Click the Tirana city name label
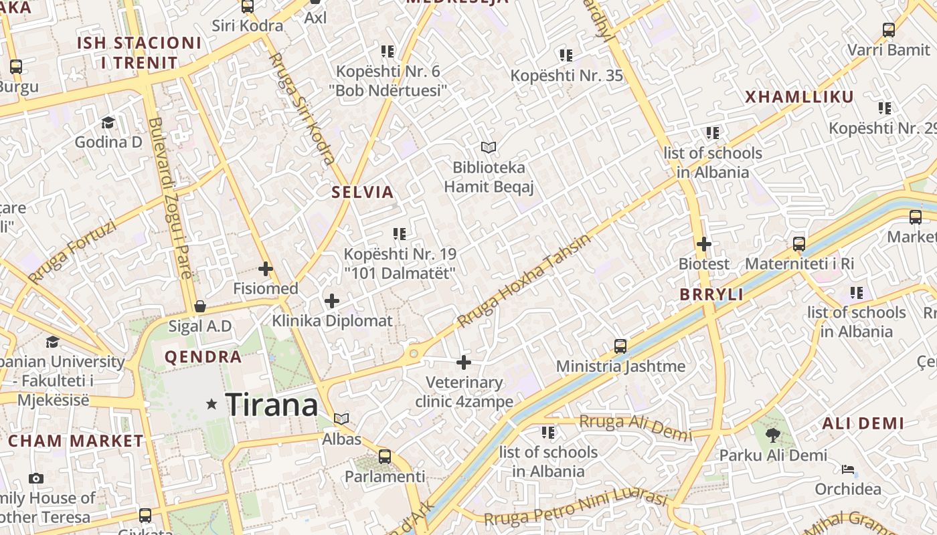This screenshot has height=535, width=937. tap(271, 405)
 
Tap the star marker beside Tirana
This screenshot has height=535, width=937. tap(212, 404)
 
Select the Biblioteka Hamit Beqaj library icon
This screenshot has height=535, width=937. tap(489, 147)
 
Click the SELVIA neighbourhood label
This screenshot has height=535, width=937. tap(363, 193)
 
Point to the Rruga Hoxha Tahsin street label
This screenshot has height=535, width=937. tap(525, 281)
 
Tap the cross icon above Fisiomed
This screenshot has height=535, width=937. tap(266, 269)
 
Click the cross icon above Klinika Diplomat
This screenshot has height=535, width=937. tap(331, 301)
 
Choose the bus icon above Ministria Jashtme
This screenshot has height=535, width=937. tap(620, 346)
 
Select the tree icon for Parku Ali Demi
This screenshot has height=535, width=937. tap(773, 435)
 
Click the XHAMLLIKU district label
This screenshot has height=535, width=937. tap(800, 97)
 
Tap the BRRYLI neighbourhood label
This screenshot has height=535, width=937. tap(711, 295)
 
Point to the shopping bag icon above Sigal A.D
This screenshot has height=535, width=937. tap(199, 306)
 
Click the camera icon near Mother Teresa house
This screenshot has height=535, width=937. tap(36, 478)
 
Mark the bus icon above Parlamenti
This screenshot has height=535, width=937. tap(384, 457)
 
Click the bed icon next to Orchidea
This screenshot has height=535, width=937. tap(848, 469)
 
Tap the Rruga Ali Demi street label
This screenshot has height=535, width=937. tap(635, 427)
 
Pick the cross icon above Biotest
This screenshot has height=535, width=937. tap(703, 244)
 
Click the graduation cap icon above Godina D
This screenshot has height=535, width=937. tap(108, 122)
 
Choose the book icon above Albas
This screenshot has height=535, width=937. tap(341, 419)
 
